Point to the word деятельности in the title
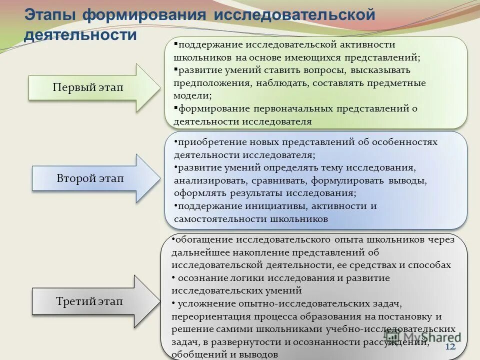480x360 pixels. [80, 34]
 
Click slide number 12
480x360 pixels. [449, 347]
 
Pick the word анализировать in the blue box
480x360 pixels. [211, 180]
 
